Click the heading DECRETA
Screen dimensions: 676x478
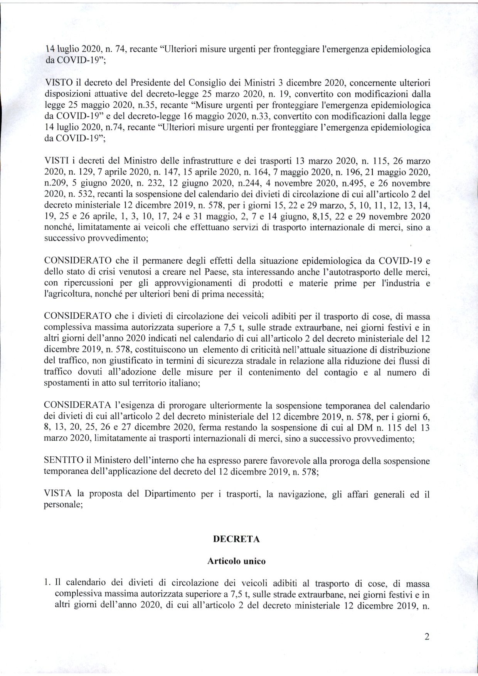click(237, 539)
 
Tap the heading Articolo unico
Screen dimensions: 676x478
click(237, 561)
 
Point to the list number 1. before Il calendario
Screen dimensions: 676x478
click(48, 583)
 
